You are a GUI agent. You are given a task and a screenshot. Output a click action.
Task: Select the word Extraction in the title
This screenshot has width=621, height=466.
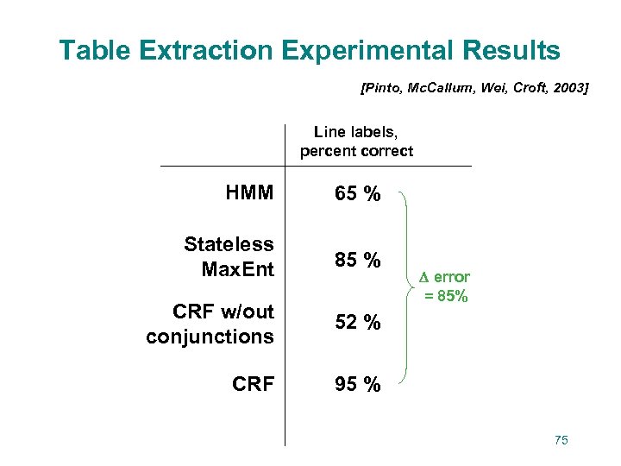pyautogui.click(x=204, y=51)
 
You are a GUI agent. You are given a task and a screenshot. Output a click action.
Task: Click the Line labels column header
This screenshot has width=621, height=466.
pyautogui.click(x=356, y=142)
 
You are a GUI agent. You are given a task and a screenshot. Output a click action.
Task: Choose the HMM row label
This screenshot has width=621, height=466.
pyautogui.click(x=249, y=193)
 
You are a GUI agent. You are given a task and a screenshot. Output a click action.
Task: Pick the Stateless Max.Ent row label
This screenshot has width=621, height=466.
pyautogui.click(x=229, y=257)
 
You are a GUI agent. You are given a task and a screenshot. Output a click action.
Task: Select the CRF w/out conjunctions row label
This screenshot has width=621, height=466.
pyautogui.click(x=210, y=324)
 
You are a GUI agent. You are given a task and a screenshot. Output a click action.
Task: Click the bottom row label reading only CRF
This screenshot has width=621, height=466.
pyautogui.click(x=253, y=384)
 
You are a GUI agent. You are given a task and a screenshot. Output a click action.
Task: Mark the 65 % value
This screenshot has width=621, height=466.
pyautogui.click(x=358, y=194)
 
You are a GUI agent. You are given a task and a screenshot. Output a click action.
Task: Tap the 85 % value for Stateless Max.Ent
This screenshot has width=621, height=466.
pyautogui.click(x=358, y=258)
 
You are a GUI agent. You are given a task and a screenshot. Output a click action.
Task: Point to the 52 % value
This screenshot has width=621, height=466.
pyautogui.click(x=358, y=323)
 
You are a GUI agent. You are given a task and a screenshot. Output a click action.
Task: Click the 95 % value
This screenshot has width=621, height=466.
pyautogui.click(x=358, y=385)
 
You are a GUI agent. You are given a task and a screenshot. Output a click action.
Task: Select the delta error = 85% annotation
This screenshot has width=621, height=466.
pyautogui.click(x=445, y=287)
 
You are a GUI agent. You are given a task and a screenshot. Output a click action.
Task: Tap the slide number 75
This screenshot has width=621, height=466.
pyautogui.click(x=561, y=440)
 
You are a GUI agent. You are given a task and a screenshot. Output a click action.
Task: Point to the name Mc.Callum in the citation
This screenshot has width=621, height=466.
pyautogui.click(x=434, y=87)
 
